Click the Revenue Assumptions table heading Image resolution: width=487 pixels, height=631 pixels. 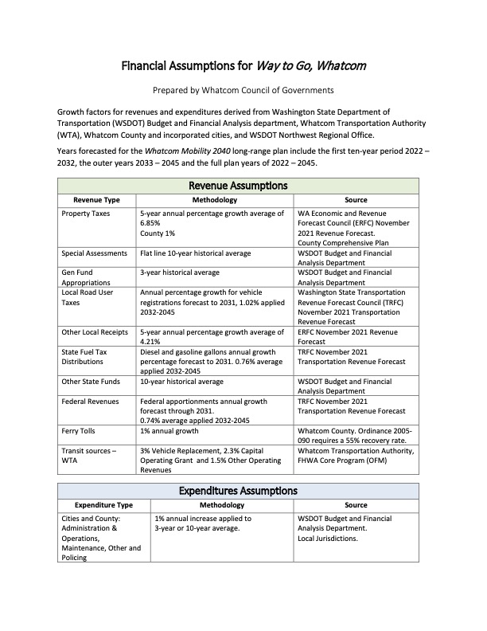pos(243,185)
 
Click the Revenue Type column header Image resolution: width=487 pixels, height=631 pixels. pos(96,199)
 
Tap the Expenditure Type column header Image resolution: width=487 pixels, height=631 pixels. pos(103,505)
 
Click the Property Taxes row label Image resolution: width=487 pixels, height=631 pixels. pos(87,214)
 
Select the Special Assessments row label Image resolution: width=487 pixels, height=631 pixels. pos(94,253)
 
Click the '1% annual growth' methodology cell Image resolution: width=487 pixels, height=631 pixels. pos(170,431)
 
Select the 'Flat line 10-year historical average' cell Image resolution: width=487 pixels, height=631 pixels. pos(195,253)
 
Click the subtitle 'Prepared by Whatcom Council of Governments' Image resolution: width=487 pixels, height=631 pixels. pos(243,90)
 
